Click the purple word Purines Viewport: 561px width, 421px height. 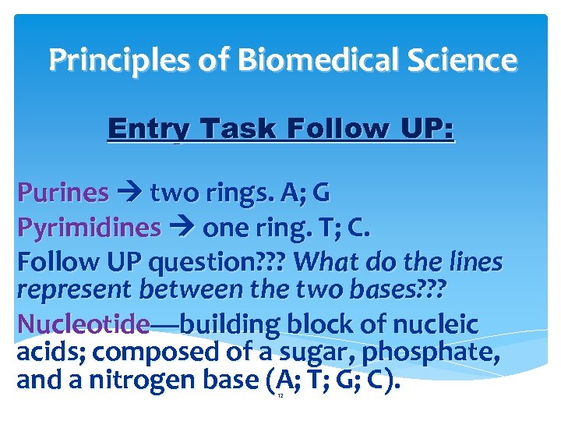click(x=63, y=192)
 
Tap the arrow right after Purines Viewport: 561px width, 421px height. click(x=129, y=193)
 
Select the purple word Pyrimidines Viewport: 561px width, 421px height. click(x=89, y=228)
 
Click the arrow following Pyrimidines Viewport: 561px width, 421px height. click(x=182, y=228)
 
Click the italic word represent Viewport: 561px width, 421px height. click(x=74, y=289)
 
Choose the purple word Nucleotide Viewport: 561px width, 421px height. click(x=83, y=324)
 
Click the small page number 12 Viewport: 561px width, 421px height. click(x=280, y=397)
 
